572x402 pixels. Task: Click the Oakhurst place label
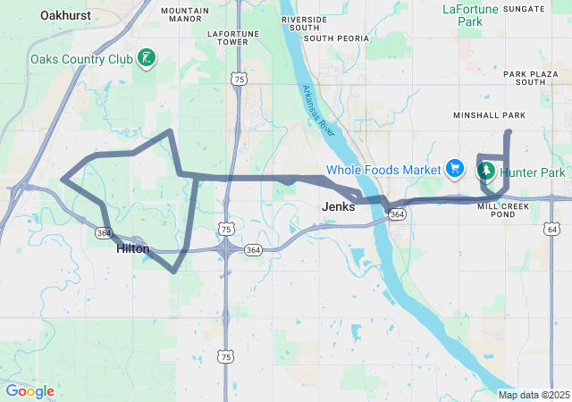(70, 15)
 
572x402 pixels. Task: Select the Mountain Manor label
(186, 14)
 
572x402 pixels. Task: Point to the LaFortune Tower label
(227, 38)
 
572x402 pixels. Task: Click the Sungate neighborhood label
(524, 9)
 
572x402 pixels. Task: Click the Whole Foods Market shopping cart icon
(455, 168)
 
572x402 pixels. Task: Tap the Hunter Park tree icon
(489, 170)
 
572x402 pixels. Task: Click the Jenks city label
(338, 206)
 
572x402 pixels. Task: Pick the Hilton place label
(133, 249)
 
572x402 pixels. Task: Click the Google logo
(29, 391)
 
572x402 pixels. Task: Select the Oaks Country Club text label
(81, 60)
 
